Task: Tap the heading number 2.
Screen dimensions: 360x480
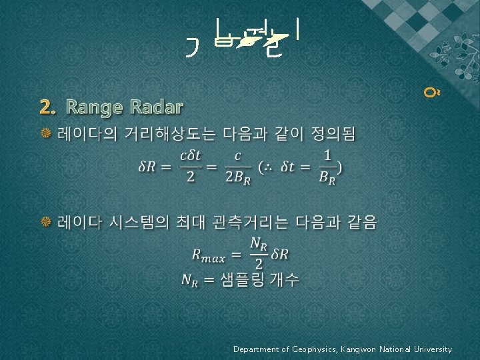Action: pos(45,107)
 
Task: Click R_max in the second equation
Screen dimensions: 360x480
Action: pos(208,254)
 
